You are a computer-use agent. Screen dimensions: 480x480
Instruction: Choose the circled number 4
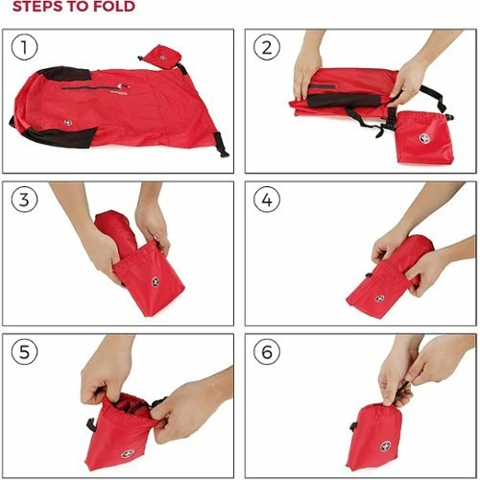[x=266, y=201]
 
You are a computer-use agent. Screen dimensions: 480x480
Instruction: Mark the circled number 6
[x=266, y=352]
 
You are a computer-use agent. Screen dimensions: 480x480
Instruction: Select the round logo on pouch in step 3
[x=154, y=283]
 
